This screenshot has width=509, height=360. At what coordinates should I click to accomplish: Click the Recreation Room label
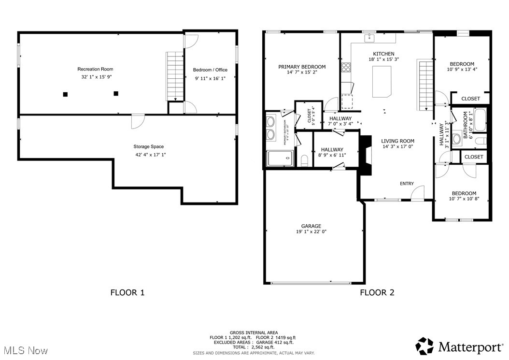coord(95,69)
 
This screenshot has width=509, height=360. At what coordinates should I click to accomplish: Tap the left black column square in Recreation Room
coord(65,94)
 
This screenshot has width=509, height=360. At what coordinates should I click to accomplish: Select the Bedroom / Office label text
coord(210,70)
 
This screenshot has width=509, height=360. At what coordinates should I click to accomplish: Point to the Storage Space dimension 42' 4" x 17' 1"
coord(148,155)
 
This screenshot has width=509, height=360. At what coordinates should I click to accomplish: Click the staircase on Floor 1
coord(173,76)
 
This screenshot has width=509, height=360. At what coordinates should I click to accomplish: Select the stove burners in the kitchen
coord(346,68)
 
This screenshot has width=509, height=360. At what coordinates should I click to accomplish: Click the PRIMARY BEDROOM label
coord(302,67)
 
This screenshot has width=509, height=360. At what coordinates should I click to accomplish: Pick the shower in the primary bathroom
coord(280,158)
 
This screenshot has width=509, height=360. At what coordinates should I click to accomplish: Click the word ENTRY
coord(407,184)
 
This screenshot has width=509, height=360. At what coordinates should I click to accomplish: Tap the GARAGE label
coord(311,226)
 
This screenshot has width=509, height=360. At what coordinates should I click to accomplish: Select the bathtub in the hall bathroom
coord(479,120)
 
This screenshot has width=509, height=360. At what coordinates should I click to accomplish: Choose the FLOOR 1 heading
coord(127,292)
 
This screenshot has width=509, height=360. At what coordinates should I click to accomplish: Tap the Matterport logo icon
coord(425,346)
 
